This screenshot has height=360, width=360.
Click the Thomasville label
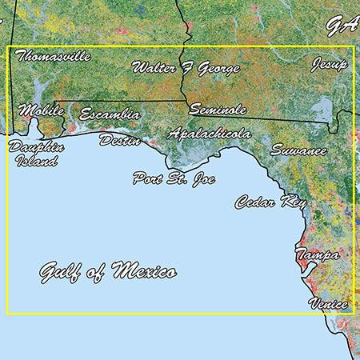[x=53, y=57]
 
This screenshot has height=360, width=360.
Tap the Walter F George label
[x=186, y=68]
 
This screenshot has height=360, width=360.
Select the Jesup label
[x=330, y=64]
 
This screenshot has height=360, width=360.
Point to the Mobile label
[x=41, y=110]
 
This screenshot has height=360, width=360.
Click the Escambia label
[x=110, y=114]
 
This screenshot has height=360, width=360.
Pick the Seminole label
[x=218, y=110]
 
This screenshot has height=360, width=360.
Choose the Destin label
[x=120, y=141]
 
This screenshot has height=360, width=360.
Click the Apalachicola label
[x=210, y=134]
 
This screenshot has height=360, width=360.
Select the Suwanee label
[x=298, y=150]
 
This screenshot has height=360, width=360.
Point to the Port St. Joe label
[x=171, y=178]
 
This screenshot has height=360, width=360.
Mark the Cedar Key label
[x=270, y=202]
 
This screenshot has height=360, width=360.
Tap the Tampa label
[x=317, y=255]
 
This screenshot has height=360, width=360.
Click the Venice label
[x=329, y=304]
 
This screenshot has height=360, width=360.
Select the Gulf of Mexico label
[x=108, y=272]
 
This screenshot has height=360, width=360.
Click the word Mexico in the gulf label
[x=145, y=271]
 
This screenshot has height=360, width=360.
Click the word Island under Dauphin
[x=37, y=161]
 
